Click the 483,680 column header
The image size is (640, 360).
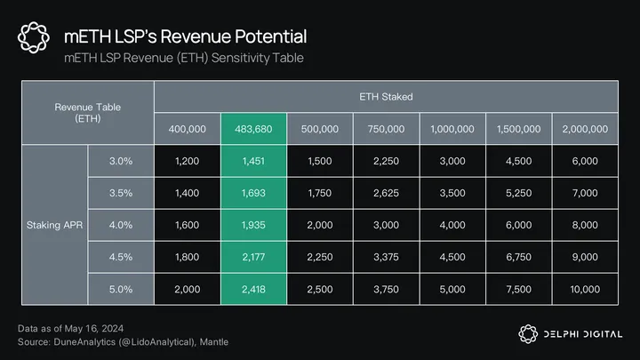coord(254,129)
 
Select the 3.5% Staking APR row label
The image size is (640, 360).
coord(121,191)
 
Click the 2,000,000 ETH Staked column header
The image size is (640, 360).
coord(586,129)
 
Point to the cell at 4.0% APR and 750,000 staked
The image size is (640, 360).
coord(387,225)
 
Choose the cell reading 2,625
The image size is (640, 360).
coord(387,191)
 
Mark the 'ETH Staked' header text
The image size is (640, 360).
coord(387,95)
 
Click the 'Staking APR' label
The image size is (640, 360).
coord(53,225)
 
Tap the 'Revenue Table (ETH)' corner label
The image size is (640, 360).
coord(87,112)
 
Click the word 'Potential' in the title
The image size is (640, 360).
coord(267,36)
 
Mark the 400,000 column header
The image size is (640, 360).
coord(188,129)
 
